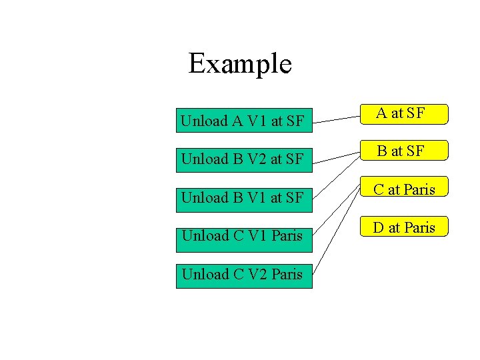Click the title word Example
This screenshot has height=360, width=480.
point(240,64)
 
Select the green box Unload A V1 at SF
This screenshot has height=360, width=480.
point(244,121)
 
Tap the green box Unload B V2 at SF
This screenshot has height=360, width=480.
point(244,159)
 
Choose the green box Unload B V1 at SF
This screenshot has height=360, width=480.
point(244,197)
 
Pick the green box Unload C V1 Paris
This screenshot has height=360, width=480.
point(244,235)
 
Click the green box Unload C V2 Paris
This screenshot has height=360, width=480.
point(244,274)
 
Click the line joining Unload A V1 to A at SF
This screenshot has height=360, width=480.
point(336,119)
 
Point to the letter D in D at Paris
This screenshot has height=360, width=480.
point(378,228)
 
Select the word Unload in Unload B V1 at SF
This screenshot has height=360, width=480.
point(204,198)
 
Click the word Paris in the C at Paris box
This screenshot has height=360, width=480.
point(419,190)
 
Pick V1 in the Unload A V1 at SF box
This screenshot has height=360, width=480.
point(257,121)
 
